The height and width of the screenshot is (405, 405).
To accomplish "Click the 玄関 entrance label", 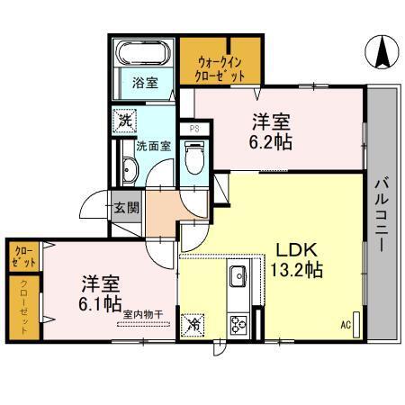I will [x=127, y=208].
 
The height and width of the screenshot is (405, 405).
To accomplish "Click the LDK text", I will [x=293, y=249].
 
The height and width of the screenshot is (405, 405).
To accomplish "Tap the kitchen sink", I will [x=238, y=276].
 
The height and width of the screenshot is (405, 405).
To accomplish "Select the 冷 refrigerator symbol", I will [x=193, y=324].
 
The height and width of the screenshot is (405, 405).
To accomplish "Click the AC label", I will [x=345, y=325].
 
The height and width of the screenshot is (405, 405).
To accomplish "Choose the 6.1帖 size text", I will [x=99, y=304].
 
